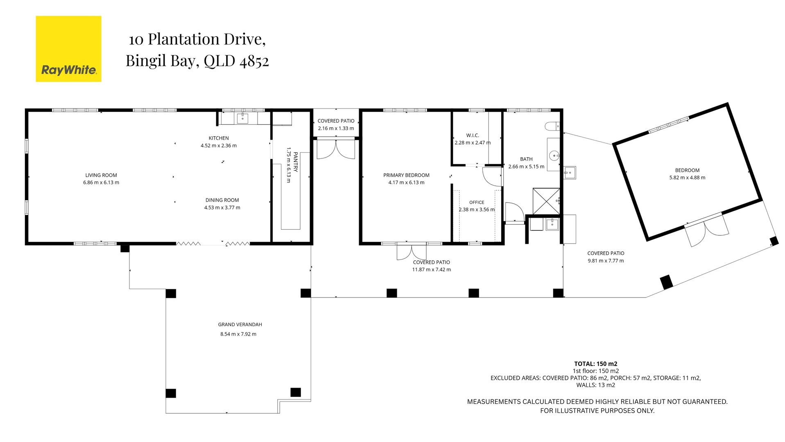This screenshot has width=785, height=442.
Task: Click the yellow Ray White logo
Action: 68,49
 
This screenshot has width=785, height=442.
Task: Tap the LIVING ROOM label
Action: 101,175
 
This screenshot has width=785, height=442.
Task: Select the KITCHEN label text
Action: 219,138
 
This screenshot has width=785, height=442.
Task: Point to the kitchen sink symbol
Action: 242,118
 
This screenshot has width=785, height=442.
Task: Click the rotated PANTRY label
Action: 295,162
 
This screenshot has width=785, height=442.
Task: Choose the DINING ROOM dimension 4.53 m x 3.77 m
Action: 222,207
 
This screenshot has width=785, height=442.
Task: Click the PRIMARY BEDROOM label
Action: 406,175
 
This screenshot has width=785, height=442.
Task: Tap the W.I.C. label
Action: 472,135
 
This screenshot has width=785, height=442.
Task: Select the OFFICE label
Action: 477,202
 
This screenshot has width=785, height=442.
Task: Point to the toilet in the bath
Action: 552,126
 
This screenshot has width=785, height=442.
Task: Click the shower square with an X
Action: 546,201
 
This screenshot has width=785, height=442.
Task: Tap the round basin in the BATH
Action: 554,155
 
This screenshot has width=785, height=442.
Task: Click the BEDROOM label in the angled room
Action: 687,170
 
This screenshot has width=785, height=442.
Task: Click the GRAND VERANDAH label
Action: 240,325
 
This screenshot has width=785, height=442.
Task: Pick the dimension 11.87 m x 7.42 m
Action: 431,270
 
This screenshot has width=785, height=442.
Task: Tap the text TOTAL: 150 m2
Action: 595,363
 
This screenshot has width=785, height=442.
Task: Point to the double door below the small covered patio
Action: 336,149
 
